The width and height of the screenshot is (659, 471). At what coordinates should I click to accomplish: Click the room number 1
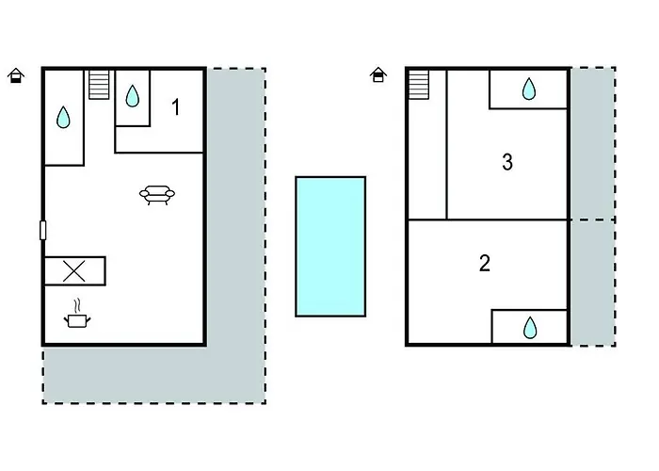click(176, 106)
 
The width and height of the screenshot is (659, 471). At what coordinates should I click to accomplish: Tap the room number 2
click(485, 263)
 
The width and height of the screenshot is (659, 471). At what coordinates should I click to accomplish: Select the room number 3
click(507, 162)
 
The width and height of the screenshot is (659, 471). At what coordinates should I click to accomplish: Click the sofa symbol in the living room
click(157, 195)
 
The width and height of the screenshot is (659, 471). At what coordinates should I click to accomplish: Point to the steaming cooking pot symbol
click(77, 314)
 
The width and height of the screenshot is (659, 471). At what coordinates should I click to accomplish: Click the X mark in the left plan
click(74, 271)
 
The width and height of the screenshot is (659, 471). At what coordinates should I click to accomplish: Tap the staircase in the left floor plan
click(99, 85)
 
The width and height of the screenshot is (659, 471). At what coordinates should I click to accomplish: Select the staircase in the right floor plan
click(419, 85)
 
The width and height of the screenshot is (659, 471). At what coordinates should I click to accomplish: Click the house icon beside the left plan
click(16, 75)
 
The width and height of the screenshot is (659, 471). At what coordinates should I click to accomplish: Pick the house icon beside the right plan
click(378, 74)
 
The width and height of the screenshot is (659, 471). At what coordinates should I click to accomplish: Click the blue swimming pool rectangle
click(330, 247)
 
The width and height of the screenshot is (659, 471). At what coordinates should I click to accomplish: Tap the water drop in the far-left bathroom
click(63, 117)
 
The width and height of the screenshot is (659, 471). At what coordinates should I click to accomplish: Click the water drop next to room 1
click(133, 96)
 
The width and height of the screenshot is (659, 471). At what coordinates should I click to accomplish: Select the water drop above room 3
click(529, 89)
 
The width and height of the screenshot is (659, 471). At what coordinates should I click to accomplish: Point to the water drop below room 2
click(530, 328)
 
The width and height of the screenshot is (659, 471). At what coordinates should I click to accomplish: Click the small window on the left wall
click(43, 230)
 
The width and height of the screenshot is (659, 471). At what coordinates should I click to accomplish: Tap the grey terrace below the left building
click(153, 375)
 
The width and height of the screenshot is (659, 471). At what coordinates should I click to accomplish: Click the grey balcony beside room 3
click(593, 143)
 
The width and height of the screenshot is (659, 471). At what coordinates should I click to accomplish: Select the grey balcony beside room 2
click(593, 283)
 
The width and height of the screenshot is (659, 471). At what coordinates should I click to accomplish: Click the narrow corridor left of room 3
click(427, 159)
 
